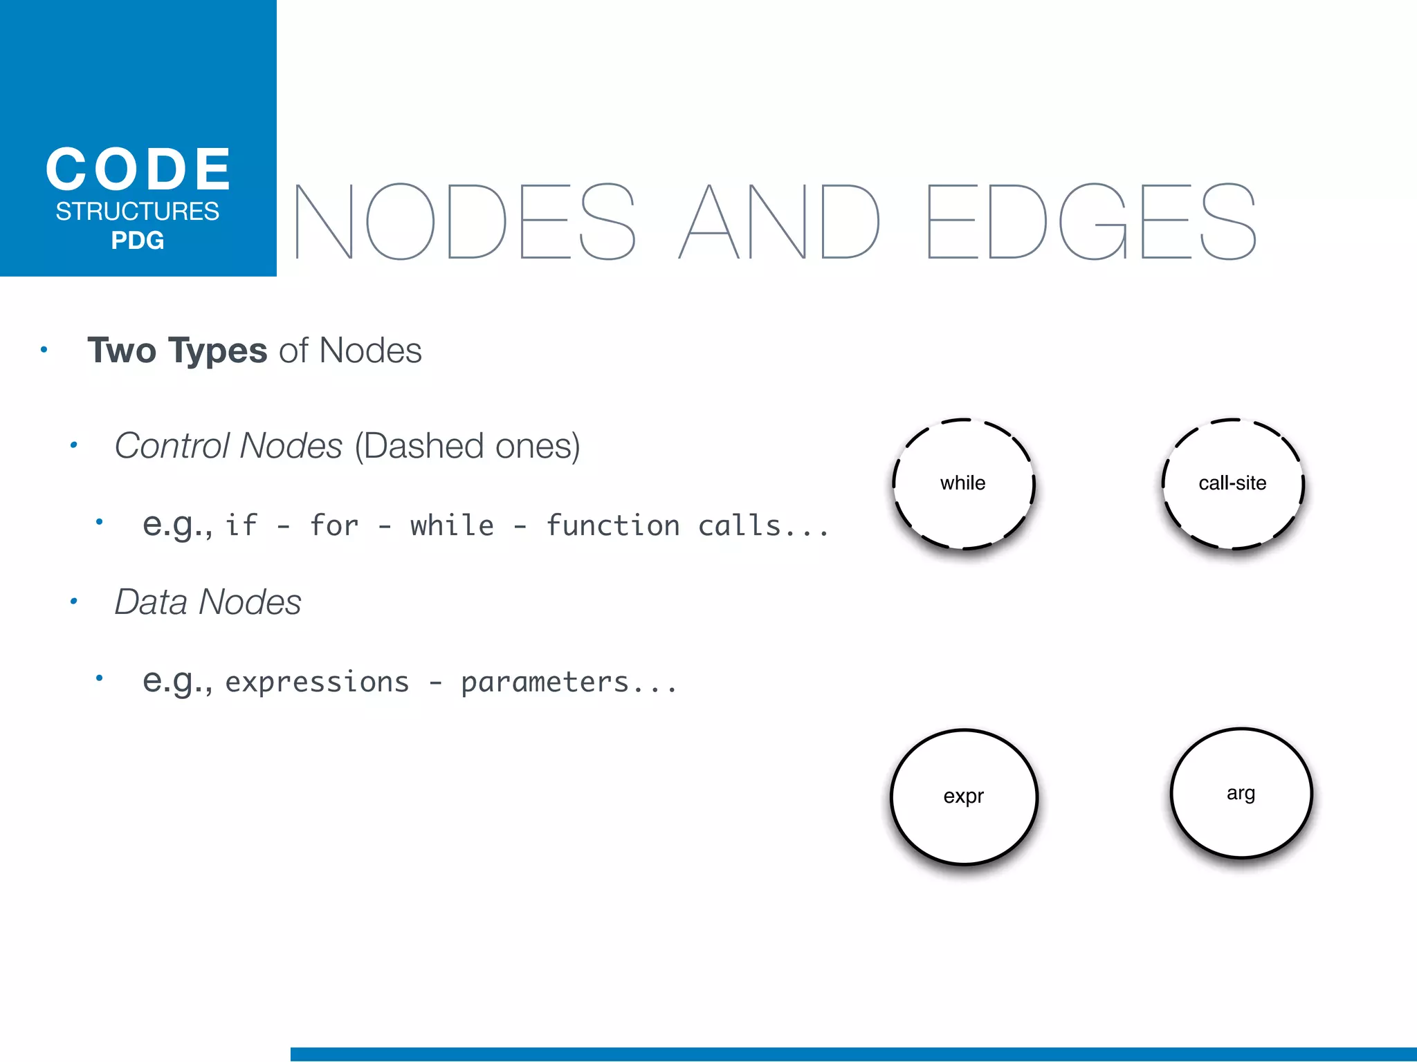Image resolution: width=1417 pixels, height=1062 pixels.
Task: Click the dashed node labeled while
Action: pos(963,483)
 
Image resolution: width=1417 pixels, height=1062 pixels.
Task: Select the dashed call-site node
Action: pos(1232,483)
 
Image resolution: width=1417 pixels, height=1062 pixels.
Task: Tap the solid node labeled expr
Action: pos(964,796)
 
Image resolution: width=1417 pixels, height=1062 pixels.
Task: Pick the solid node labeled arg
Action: pos(1241,793)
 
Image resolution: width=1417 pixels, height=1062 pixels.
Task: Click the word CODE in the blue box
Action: pos(138,169)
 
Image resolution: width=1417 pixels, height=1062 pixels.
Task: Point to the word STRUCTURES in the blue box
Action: pos(138,211)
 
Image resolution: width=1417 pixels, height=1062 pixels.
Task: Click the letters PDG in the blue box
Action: pos(138,241)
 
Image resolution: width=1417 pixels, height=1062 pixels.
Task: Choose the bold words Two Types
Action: pos(177,350)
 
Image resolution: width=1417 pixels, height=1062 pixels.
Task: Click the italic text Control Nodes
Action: pos(228,445)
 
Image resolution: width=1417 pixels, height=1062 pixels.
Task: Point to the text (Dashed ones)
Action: pos(468,445)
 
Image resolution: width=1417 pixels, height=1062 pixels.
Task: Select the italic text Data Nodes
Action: pos(208,602)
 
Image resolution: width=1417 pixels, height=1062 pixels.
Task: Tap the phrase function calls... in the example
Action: pos(687,525)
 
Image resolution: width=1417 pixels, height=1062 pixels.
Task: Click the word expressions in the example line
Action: pos(317,682)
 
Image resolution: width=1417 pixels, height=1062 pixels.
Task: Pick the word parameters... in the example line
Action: pos(569,682)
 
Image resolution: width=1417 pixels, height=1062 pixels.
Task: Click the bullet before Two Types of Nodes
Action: pos(44,350)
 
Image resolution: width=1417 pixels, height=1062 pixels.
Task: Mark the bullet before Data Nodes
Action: pos(73,602)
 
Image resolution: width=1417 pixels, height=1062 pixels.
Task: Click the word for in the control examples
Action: pos(334,525)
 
